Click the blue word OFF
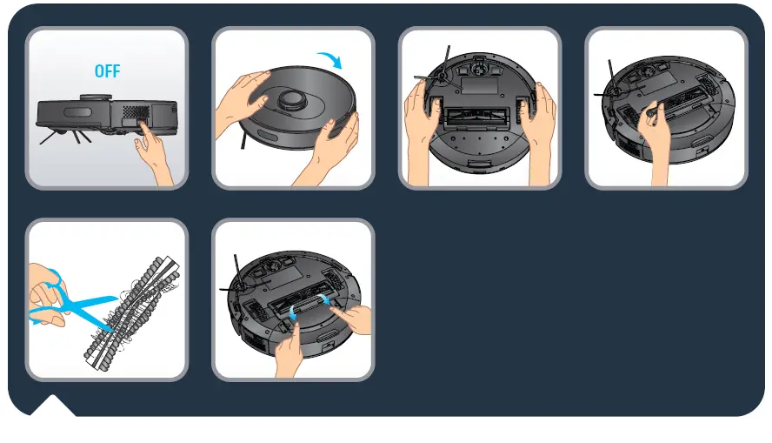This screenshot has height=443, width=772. tap(107, 71)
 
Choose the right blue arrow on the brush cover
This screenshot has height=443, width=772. tap(328, 299)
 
